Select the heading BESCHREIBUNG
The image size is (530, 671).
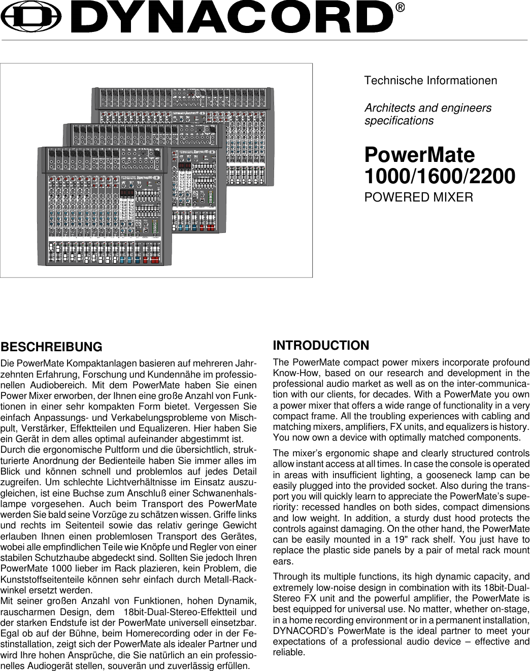(x=51, y=347)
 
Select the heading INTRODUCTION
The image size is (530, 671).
(x=321, y=346)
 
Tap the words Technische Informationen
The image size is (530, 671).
(x=431, y=81)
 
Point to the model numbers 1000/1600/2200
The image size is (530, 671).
(x=440, y=176)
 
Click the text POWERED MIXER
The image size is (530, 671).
(x=419, y=196)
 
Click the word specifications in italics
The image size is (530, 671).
(x=399, y=121)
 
